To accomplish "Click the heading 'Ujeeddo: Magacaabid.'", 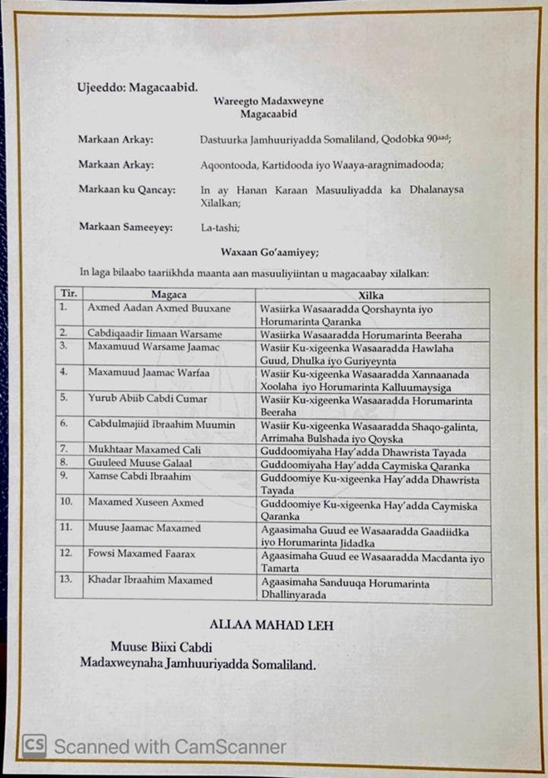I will [138, 87].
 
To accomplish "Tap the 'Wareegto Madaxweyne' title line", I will [257, 101].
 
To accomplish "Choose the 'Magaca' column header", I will [169, 294].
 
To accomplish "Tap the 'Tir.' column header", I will [66, 294].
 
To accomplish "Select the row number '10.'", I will [66, 502].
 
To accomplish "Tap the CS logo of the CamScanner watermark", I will [34, 745].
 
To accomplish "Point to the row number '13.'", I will [66, 580].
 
